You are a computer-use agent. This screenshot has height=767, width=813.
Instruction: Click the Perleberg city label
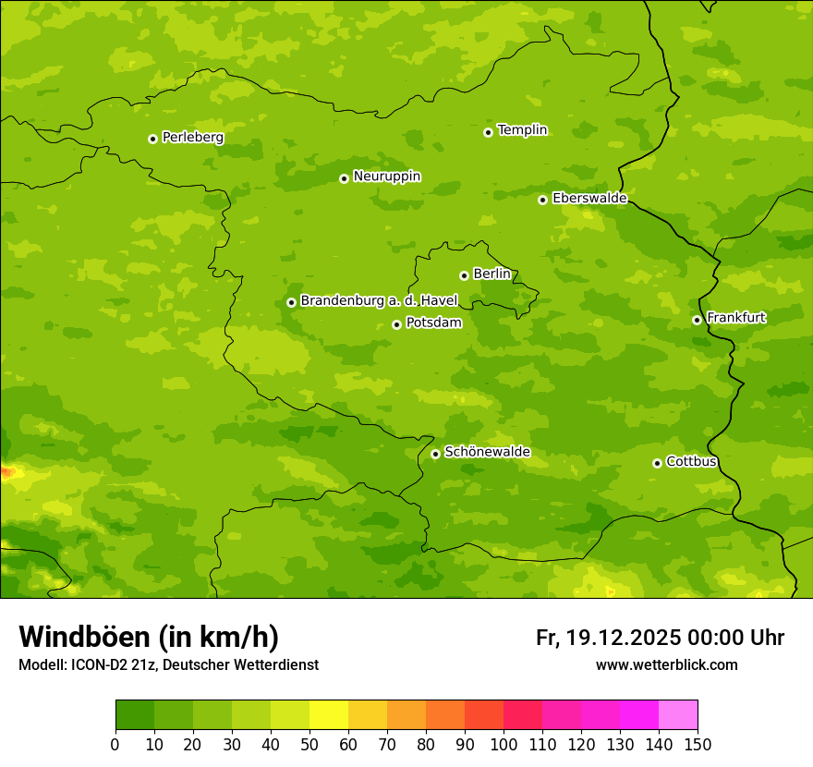[x=192, y=138]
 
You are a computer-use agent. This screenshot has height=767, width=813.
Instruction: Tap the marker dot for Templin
[x=488, y=132]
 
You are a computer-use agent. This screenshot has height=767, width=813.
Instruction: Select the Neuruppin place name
[x=386, y=177]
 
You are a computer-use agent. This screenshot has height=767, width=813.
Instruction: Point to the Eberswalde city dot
[x=542, y=200]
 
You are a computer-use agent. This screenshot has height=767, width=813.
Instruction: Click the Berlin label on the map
[x=491, y=274]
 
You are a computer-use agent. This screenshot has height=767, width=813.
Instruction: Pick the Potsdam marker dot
[x=396, y=324]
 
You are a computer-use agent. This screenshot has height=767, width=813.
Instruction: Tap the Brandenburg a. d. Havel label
[x=379, y=301]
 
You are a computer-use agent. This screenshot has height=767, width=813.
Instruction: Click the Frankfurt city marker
[x=697, y=321]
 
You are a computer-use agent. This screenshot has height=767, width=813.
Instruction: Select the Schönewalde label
[x=487, y=452]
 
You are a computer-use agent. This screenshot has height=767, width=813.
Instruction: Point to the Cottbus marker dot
[x=657, y=463]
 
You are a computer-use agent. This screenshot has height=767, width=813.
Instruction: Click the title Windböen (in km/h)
[x=149, y=637]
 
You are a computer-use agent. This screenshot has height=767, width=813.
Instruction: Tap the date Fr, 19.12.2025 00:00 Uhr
[x=660, y=638]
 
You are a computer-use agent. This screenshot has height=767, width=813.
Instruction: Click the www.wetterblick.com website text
[x=666, y=664]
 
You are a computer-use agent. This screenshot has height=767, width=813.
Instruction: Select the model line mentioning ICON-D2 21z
[x=168, y=664]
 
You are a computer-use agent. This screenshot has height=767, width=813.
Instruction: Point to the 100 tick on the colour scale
[x=504, y=744]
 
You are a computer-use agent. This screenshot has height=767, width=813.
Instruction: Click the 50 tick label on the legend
[x=309, y=744]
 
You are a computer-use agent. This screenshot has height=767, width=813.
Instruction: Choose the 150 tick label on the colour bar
[x=698, y=744]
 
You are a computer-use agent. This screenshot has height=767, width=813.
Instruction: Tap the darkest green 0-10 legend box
[x=135, y=715]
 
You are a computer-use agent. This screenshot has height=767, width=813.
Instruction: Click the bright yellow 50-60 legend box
[x=329, y=715]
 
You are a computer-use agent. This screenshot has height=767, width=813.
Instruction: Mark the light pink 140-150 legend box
[x=678, y=715]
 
